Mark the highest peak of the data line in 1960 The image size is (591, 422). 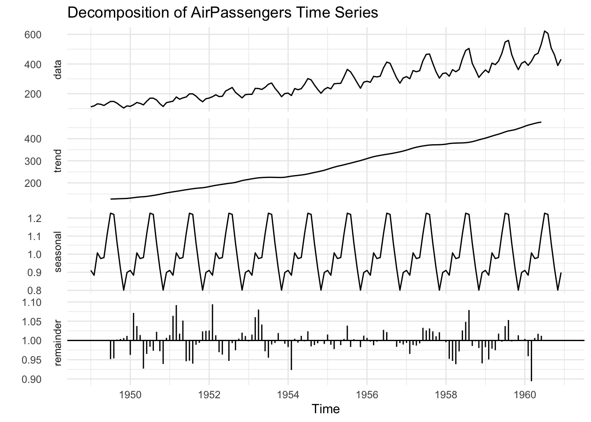pos(544,31)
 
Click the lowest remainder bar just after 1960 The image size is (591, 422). pos(531,380)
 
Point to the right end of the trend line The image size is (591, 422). pos(541,122)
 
